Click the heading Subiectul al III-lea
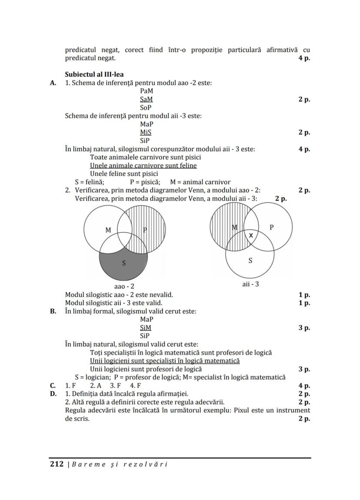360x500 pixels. pos(94,74)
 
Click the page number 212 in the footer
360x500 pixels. pos(57,464)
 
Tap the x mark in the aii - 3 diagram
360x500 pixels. pos(250,235)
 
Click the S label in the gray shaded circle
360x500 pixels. pos(124,263)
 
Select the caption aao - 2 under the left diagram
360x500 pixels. pos(124,287)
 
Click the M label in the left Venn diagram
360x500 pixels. pos(108,230)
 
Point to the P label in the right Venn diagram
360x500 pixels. pos(272,227)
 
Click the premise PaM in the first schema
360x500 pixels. pos(147,91)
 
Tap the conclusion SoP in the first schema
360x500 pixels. pos(146,107)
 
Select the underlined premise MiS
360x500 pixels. pos(146,132)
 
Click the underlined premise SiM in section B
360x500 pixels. pos(146,328)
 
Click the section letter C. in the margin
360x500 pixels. pos(53,385)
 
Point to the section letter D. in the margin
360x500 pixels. pos(53,394)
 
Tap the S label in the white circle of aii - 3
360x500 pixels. pos(250,261)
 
